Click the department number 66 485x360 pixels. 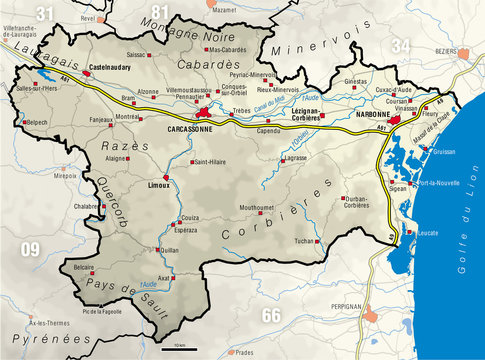click(x=271, y=316)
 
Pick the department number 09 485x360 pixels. click(x=31, y=249)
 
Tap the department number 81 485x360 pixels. click(x=157, y=13)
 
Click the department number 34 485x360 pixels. click(x=401, y=46)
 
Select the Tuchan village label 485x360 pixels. click(x=305, y=241)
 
